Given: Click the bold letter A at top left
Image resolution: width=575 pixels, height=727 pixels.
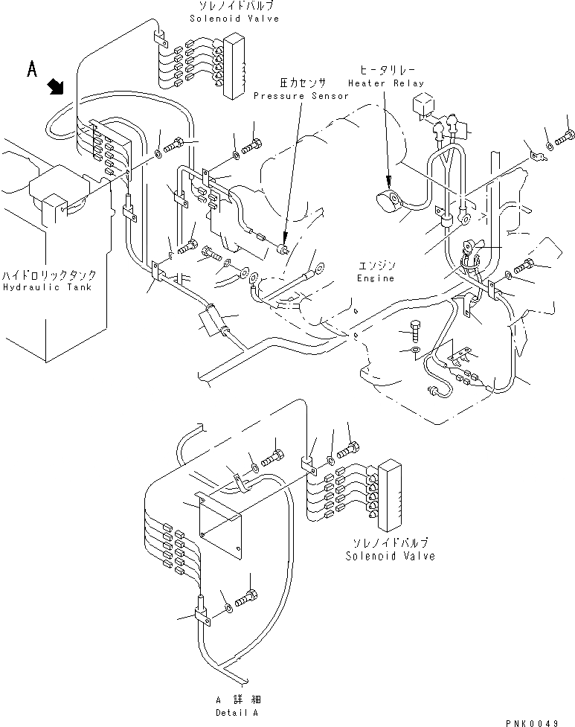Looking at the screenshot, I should [32, 69].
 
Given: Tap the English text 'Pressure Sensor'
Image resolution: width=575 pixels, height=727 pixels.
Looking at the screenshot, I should [301, 96].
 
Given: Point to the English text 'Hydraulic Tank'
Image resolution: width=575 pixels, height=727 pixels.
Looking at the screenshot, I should [46, 286].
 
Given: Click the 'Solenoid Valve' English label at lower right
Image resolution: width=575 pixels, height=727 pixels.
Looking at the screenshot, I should [390, 556].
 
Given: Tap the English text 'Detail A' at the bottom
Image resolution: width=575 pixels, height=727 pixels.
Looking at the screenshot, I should [239, 713].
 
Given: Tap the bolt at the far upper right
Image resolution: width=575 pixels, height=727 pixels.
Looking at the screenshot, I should [565, 135].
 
